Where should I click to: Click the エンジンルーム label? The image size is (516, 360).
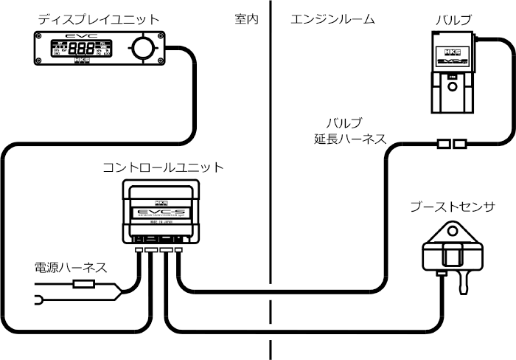[332, 19]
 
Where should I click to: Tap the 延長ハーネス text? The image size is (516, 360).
[345, 137]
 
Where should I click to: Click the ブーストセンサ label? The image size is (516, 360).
[452, 207]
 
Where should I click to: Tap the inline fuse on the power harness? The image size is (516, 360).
[83, 283]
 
